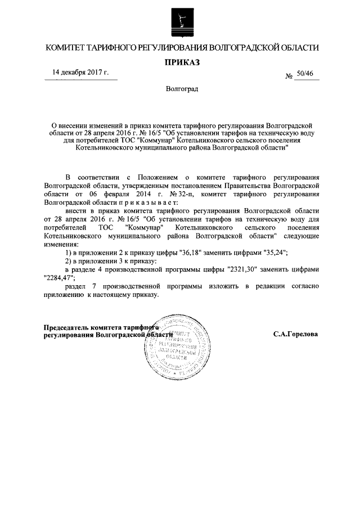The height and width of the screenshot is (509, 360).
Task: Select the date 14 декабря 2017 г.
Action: pos(80,73)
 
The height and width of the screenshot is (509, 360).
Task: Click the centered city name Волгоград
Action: pos(182,89)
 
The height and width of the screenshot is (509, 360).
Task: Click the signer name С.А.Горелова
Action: pos(295,334)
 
